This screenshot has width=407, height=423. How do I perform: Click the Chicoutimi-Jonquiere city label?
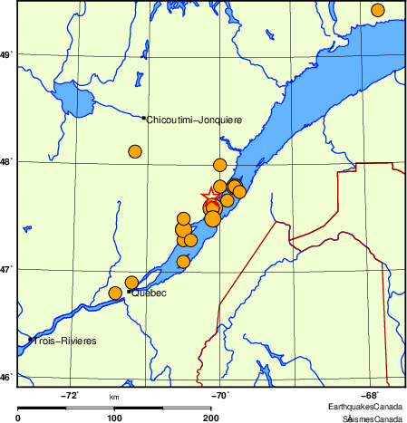coord(194,119)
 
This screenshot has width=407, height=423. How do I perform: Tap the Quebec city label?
coord(150,293)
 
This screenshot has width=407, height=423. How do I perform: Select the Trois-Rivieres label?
coord(65,341)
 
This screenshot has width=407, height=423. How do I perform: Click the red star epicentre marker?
coord(209,195)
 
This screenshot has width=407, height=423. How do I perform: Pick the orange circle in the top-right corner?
coord(378,10)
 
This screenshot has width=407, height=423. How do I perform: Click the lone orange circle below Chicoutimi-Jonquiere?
coord(136,151)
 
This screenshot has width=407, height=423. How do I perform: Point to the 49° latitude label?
coord(6,56)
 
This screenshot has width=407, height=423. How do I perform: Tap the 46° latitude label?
coord(6,377)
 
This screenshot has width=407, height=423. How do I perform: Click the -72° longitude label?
coord(71,395)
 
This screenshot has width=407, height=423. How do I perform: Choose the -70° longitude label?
coord(220,395)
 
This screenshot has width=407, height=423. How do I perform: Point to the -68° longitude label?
coord(370,395)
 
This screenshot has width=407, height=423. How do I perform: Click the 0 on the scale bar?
coord(19,418)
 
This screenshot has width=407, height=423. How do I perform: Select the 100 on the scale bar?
coord(115,418)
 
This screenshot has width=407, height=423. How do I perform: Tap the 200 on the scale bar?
coord(210,418)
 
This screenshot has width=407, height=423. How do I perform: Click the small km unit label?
coord(114,397)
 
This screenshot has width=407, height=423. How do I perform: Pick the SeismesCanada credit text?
coord(373,418)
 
